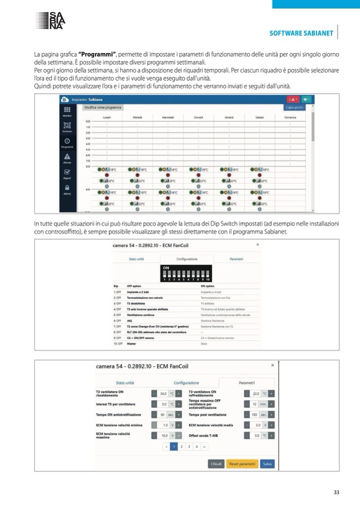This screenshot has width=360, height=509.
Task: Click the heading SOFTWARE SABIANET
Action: coord(301,33)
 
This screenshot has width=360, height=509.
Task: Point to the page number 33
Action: coord(336,492)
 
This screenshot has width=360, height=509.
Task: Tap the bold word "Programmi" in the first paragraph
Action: coord(97,55)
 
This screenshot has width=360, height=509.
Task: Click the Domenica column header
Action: coord(290,117)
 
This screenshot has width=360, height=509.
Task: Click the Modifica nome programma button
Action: coord(104,108)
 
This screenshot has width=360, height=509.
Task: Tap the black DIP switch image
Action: coord(186,272)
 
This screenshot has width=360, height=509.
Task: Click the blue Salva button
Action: coord(268,463)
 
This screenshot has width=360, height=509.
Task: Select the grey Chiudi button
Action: coord(217,463)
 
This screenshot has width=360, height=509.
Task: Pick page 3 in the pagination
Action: coord(188,447)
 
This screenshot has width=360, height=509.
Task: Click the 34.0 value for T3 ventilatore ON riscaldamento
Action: coord(164,394)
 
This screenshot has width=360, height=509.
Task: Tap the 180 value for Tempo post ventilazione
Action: coord(255,415)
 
